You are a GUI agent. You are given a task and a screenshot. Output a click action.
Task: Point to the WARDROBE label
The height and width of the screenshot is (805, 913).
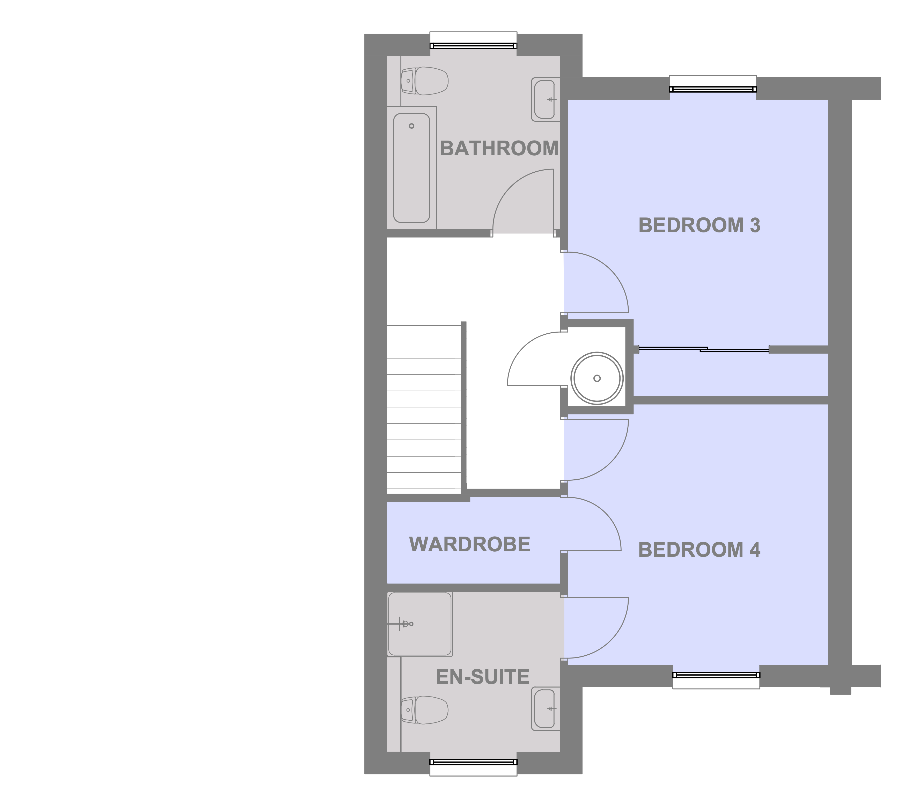[x=469, y=544]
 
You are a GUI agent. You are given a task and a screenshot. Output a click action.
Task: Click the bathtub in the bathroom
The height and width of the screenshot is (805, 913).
[x=411, y=168]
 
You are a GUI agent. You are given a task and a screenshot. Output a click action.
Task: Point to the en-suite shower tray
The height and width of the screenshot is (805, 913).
[x=419, y=624]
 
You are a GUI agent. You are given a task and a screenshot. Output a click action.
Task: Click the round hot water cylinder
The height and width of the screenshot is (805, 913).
[x=597, y=378]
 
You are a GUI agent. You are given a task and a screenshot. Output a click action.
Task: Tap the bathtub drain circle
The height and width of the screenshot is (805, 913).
[x=411, y=126]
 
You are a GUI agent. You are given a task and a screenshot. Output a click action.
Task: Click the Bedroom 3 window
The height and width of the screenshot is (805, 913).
[x=712, y=89]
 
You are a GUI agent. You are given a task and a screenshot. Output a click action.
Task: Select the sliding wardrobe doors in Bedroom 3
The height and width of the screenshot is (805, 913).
[x=703, y=349]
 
